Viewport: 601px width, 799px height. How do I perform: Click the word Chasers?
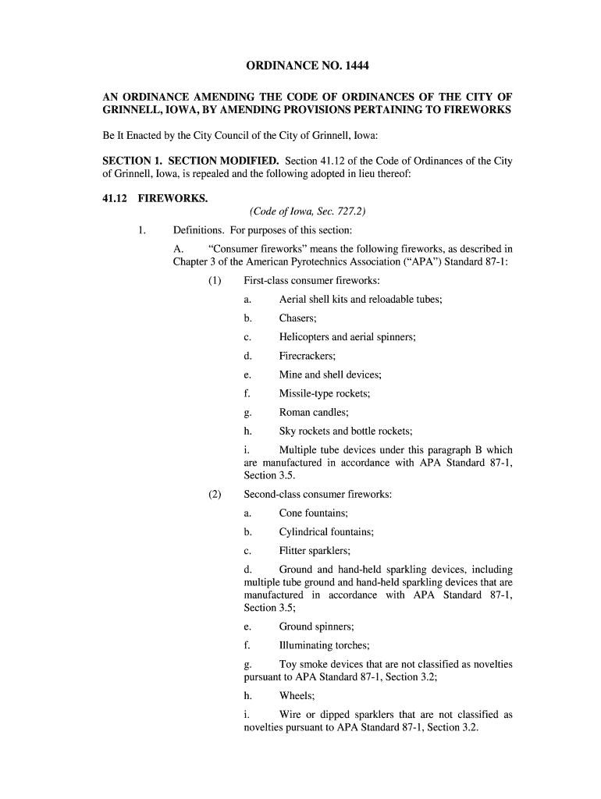coord(297,318)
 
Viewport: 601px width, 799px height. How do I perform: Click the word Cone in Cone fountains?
coord(291,513)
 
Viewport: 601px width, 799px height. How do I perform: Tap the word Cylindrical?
coord(304,532)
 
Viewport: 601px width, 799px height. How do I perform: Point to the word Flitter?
coord(293,551)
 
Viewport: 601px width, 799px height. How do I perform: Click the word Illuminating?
coord(308,645)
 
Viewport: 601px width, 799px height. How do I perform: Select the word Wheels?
coord(297,695)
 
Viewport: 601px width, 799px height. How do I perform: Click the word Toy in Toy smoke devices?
coord(288,665)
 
